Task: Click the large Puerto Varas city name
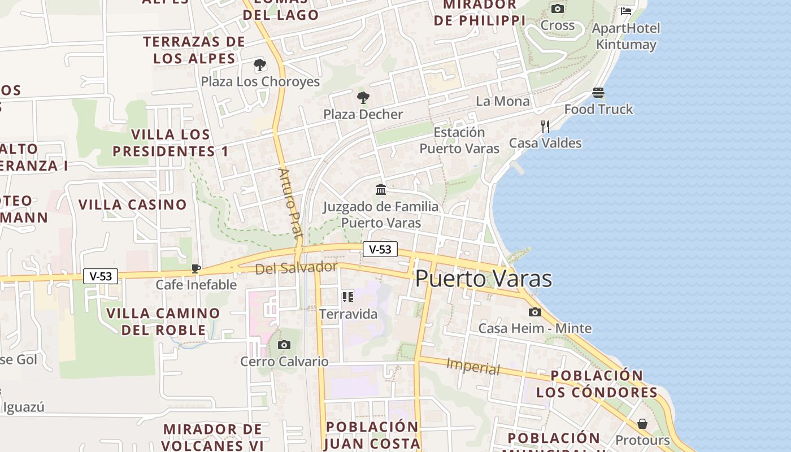tap(484, 279)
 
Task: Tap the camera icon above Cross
tap(558, 8)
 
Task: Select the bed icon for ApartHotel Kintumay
tap(626, 11)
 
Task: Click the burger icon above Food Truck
tap(598, 93)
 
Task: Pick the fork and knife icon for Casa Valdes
tap(545, 127)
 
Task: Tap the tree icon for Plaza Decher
tap(363, 98)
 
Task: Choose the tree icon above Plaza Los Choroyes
tap(260, 65)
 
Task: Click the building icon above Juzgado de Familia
tap(381, 189)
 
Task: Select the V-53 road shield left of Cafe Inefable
tap(101, 276)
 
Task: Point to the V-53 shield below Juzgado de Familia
tap(380, 249)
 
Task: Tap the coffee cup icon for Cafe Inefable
tap(196, 268)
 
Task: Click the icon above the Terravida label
tap(348, 297)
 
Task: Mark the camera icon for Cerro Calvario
tap(284, 345)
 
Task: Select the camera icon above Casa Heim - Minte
tap(535, 312)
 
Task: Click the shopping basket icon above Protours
tap(642, 424)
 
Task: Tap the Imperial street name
tap(473, 367)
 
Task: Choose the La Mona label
tap(503, 101)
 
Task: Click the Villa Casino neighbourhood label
tap(133, 205)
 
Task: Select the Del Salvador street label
tap(297, 268)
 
